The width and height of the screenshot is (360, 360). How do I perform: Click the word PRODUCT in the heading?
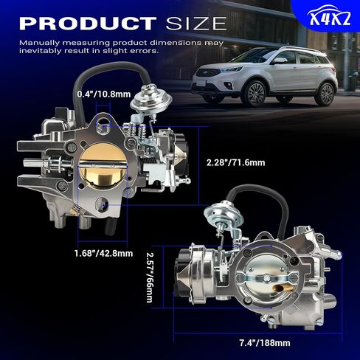pyautogui.click(x=88, y=24)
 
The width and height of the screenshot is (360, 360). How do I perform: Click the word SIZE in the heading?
pyautogui.click(x=196, y=24)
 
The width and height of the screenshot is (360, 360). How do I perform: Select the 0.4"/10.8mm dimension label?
pyautogui.click(x=104, y=94)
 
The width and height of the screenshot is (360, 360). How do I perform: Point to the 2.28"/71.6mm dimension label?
pyautogui.click(x=236, y=162)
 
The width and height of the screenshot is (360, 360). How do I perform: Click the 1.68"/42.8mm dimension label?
pyautogui.click(x=104, y=253)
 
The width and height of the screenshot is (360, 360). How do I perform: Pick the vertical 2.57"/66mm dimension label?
pyautogui.click(x=150, y=277)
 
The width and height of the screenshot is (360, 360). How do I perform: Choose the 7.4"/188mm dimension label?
pyautogui.click(x=265, y=343)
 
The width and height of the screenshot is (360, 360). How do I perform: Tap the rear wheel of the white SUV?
pyautogui.click(x=327, y=94)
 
